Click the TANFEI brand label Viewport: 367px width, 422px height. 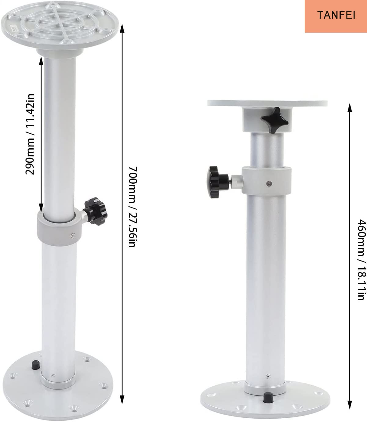click(336, 15)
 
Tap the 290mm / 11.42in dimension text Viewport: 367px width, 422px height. click(30, 134)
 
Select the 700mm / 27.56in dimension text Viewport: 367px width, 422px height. click(133, 207)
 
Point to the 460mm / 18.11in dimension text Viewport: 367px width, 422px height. click(361, 260)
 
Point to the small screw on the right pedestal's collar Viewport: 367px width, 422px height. click(268, 183)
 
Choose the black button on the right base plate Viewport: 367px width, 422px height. click(268, 397)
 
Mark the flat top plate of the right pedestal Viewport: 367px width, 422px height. click(267, 103)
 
